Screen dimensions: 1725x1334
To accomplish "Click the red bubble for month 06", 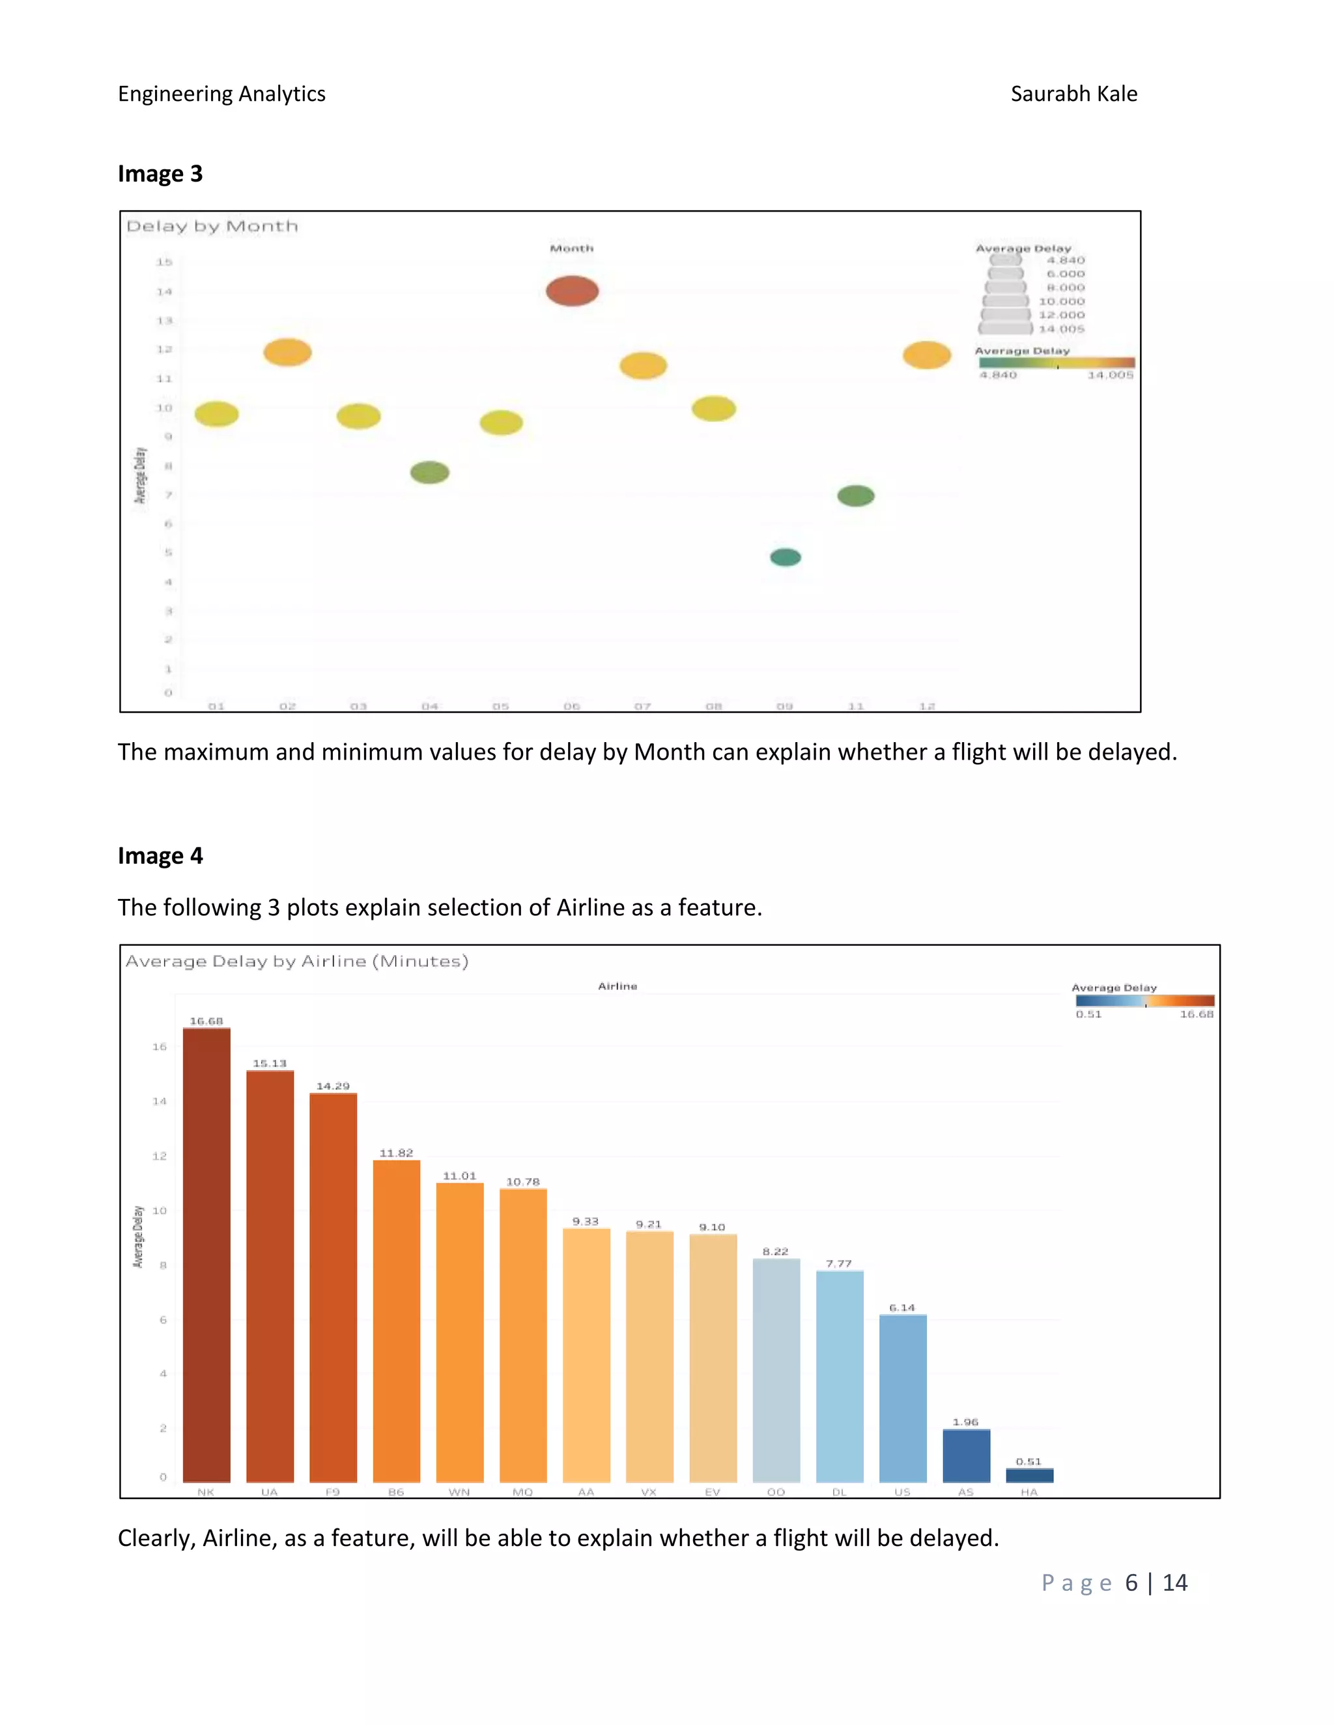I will coord(572,291).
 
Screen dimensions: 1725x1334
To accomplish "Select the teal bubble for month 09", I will coord(785,558).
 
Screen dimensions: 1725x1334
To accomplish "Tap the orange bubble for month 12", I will coord(926,355).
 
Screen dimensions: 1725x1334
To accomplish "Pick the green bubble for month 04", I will coord(429,473).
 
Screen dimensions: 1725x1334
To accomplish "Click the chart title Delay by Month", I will coord(212,227).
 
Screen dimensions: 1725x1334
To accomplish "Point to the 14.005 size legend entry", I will coord(1061,329).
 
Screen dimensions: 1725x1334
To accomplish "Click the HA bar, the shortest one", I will coord(1029,1474).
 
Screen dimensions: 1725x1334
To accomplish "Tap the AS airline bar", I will coord(966,1456).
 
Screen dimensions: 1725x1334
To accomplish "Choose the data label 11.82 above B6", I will coord(396,1153).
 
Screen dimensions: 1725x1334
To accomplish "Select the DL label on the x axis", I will coord(839,1492).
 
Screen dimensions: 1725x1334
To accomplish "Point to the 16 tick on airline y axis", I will coord(160,1047).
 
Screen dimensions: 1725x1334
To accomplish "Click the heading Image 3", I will coord(160,174).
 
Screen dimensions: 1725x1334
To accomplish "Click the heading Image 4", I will coord(160,856).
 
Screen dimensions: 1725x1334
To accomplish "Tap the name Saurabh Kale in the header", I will coord(1073,94).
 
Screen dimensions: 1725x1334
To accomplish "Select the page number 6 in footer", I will coord(1131,1583).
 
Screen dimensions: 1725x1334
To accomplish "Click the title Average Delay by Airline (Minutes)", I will coord(297,961).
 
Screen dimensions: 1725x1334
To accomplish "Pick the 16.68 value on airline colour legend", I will coord(1196,1014).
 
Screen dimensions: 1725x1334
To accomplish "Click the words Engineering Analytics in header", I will coord(221,94).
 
